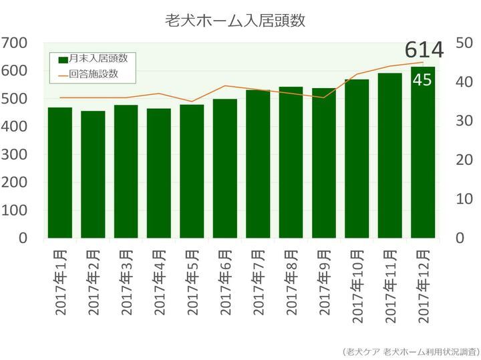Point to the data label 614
424,50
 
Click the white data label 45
422,80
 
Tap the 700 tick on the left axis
14,43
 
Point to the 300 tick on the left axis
14,154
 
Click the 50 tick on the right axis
464,43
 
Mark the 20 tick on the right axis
464,160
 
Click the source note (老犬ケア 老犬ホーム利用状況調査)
410,351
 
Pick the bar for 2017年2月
93,174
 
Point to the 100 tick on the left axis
14,210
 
